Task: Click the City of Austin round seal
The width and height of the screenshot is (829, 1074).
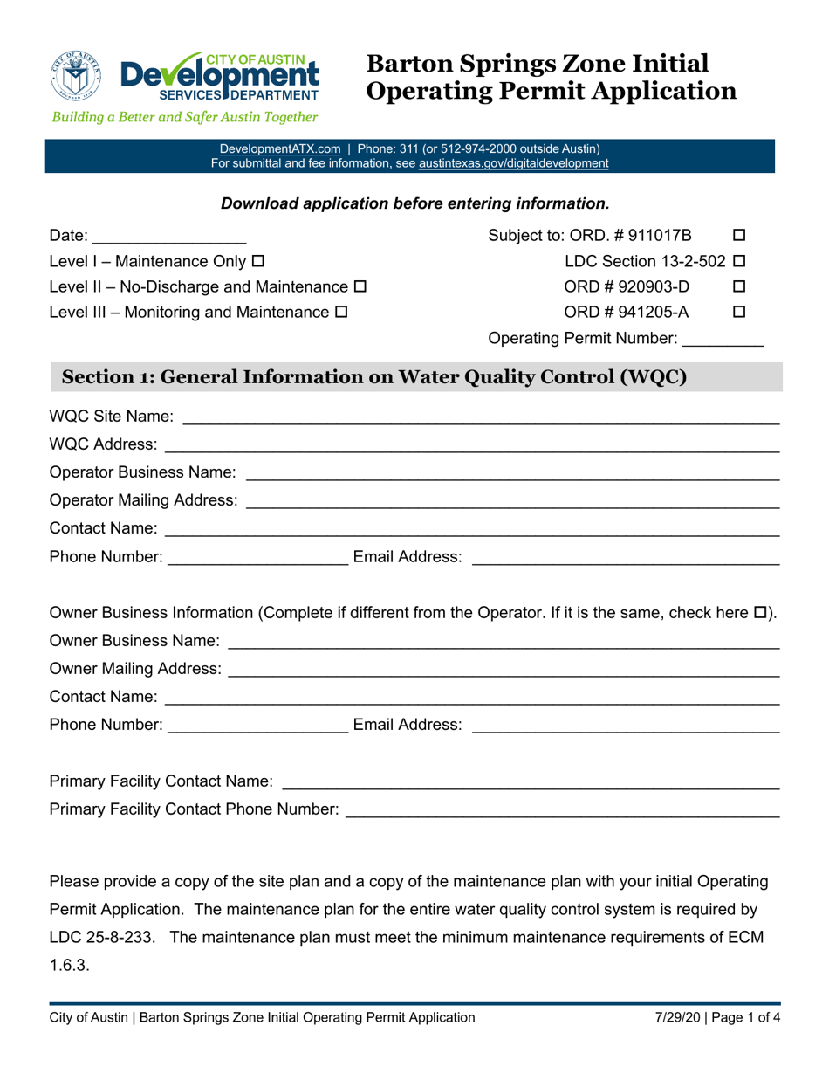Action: click(77, 75)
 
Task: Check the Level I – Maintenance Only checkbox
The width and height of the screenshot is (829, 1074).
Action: click(257, 261)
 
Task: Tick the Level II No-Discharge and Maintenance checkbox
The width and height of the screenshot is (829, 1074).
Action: click(360, 286)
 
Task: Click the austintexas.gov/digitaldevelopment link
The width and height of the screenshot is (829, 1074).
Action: click(514, 162)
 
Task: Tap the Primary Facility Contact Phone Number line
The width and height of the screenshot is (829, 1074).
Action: click(562, 812)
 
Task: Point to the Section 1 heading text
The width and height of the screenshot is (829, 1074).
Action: click(371, 377)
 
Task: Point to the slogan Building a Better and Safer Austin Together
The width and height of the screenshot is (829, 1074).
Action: click(184, 117)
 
